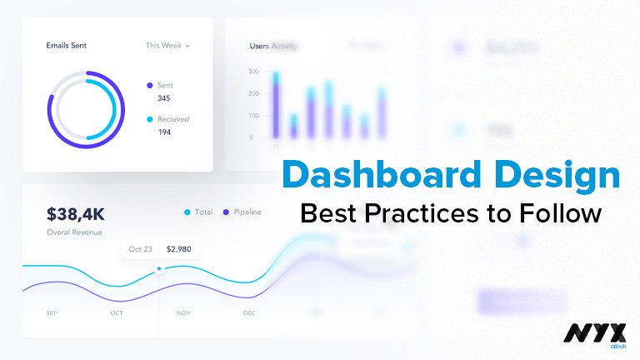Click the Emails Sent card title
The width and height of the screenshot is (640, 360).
tap(66, 45)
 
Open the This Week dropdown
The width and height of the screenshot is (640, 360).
tap(167, 45)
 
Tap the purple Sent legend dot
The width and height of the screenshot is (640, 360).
tap(150, 85)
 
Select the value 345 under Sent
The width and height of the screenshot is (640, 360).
tap(164, 98)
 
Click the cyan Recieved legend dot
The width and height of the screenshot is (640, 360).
tap(150, 119)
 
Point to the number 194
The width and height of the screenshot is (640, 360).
tap(164, 132)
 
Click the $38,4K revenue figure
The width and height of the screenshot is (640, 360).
tap(75, 213)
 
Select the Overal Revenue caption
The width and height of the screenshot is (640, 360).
tap(74, 232)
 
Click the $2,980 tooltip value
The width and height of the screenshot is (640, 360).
tap(179, 248)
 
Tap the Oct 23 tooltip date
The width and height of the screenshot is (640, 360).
tap(141, 248)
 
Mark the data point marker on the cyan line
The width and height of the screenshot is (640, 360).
tap(159, 268)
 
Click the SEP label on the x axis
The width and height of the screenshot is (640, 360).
tap(52, 313)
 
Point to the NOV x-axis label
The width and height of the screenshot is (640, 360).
tap(183, 313)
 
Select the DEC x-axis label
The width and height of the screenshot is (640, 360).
tap(249, 313)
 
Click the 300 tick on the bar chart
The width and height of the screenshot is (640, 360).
tap(253, 72)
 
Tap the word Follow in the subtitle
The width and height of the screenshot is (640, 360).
tap(564, 213)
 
